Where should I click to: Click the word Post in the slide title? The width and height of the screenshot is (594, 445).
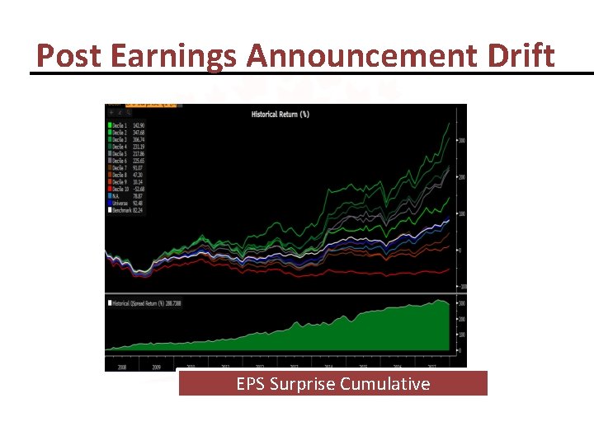pos(69,56)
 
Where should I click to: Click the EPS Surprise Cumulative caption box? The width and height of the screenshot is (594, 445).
pos(332,384)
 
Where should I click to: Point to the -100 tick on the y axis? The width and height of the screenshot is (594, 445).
pos(463,286)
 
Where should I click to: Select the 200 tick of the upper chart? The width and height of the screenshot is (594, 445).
pos(463,177)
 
